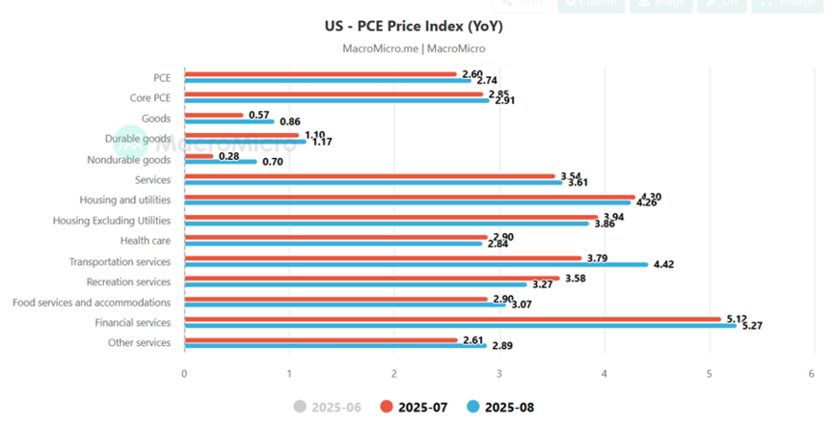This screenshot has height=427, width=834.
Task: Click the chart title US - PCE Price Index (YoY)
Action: pos(414,26)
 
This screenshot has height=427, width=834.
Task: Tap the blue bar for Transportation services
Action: pos(415,264)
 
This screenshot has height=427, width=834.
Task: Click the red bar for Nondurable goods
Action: pos(199,155)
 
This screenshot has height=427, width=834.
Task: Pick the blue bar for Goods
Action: pos(229,121)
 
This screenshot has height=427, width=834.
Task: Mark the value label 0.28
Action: pos(229,155)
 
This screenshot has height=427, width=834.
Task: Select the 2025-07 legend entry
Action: pos(417,408)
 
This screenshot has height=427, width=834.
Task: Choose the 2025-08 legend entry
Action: pos(500,408)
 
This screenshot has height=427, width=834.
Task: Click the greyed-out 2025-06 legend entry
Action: pos(327,408)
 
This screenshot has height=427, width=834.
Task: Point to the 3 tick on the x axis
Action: pos(499,373)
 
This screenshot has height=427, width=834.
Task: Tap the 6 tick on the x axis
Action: pos(813,373)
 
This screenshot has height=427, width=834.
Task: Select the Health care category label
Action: pos(146,241)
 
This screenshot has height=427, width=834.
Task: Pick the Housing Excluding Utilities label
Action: pos(112,221)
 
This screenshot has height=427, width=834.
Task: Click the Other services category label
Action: pos(139,343)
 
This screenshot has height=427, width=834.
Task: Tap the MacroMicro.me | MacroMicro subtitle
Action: pos(414,48)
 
